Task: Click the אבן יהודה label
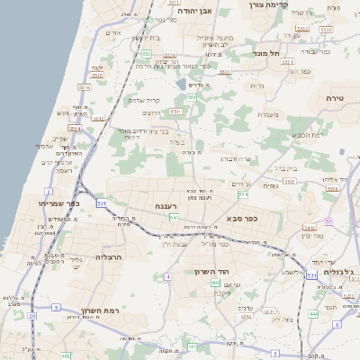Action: coord(193,13)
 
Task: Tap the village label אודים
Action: coord(113,32)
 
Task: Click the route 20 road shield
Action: coord(32,316)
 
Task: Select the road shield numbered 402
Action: coord(216,283)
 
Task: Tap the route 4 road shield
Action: coord(167,276)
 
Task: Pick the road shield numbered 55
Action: coord(329,220)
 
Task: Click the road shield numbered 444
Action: coord(313,312)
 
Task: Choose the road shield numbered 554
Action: coord(242,193)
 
